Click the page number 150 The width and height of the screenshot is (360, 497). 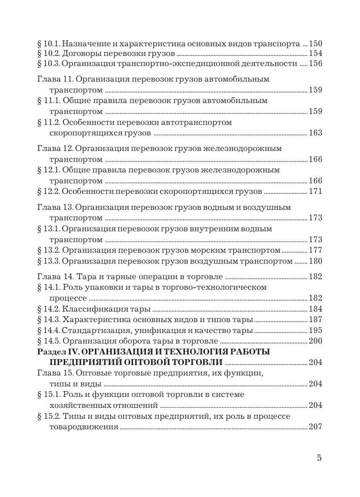(315, 43)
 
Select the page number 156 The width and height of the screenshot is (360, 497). (315, 64)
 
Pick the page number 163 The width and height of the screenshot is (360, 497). (315, 133)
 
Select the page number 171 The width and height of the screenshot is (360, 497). (315, 192)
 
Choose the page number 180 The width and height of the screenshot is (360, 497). (315, 262)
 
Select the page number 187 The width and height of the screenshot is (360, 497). (315, 320)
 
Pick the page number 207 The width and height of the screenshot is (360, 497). (315, 427)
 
